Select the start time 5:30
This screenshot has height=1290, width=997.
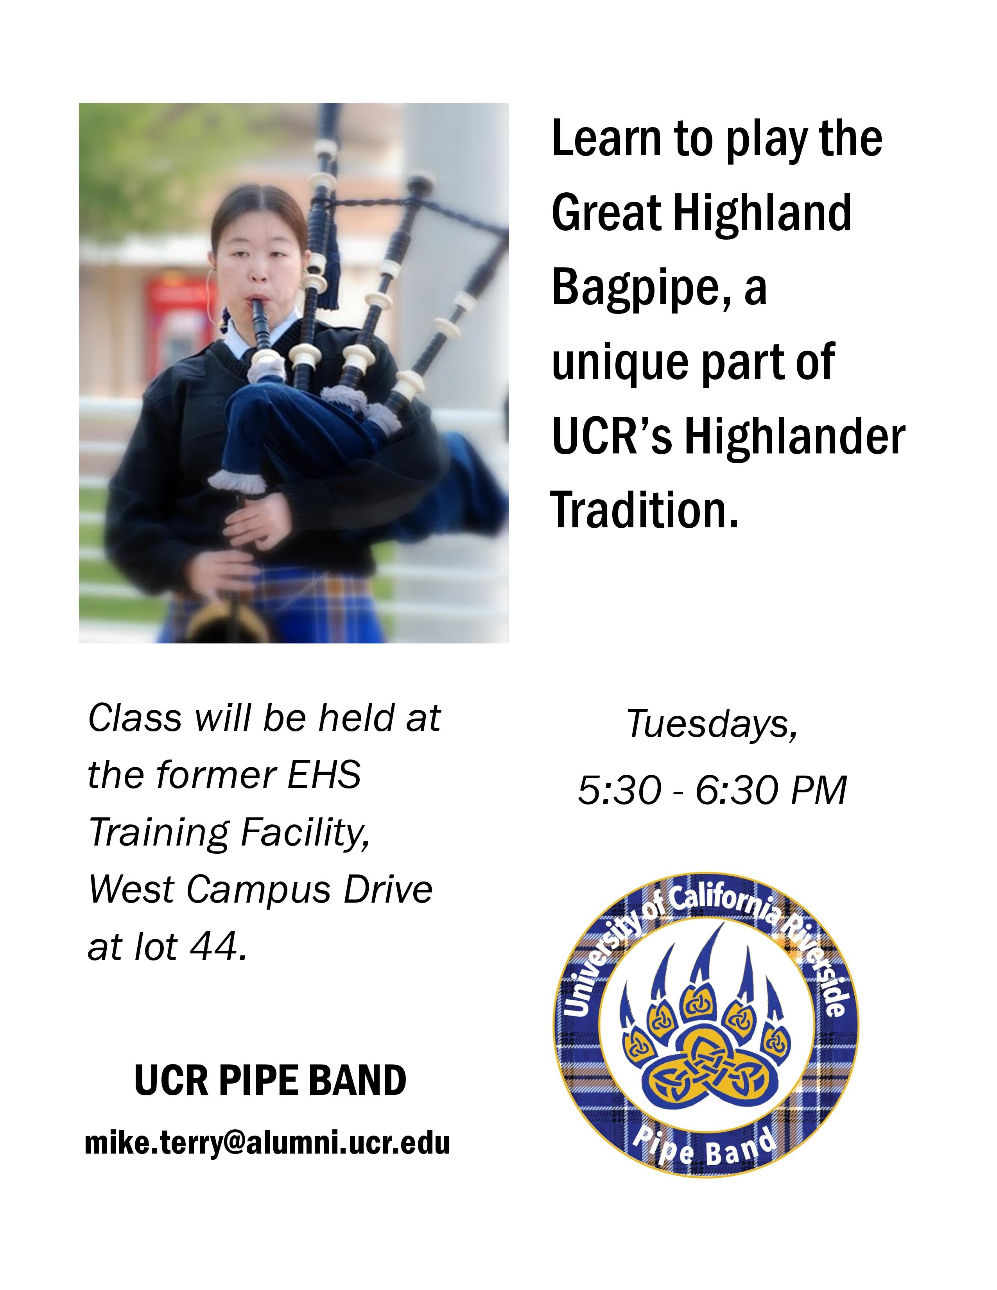pyautogui.click(x=619, y=790)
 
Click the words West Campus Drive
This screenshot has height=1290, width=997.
pyautogui.click(x=260, y=890)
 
